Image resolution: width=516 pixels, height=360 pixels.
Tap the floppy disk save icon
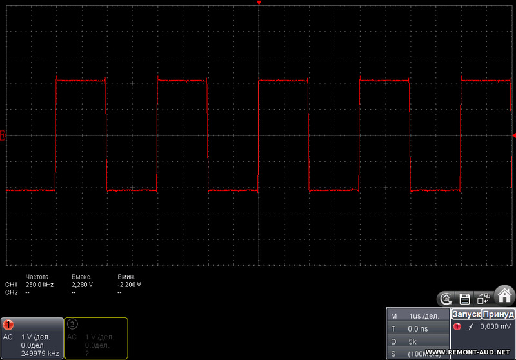(464, 299)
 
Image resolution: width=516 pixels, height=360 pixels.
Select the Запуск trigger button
(466, 314)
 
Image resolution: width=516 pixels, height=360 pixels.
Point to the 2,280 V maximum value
(82, 284)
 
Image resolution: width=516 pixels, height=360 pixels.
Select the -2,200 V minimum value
(129, 284)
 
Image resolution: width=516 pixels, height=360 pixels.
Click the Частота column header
(37, 276)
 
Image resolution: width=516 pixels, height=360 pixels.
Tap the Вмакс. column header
(83, 276)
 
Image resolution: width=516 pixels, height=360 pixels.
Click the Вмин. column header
(126, 276)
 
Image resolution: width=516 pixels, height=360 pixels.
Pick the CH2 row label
(11, 292)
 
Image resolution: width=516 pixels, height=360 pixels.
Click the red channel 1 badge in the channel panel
(9, 324)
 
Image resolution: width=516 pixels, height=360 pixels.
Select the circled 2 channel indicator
(72, 324)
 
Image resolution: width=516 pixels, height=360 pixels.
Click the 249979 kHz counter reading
(40, 353)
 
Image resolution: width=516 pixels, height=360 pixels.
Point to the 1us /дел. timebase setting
(424, 316)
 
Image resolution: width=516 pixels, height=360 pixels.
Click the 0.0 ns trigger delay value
(418, 329)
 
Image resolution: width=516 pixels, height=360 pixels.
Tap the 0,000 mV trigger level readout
(494, 327)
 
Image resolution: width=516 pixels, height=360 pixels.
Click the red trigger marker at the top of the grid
(259, 4)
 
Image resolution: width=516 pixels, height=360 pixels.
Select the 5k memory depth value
(412, 341)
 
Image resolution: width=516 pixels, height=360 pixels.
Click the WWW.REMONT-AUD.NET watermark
(468, 352)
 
